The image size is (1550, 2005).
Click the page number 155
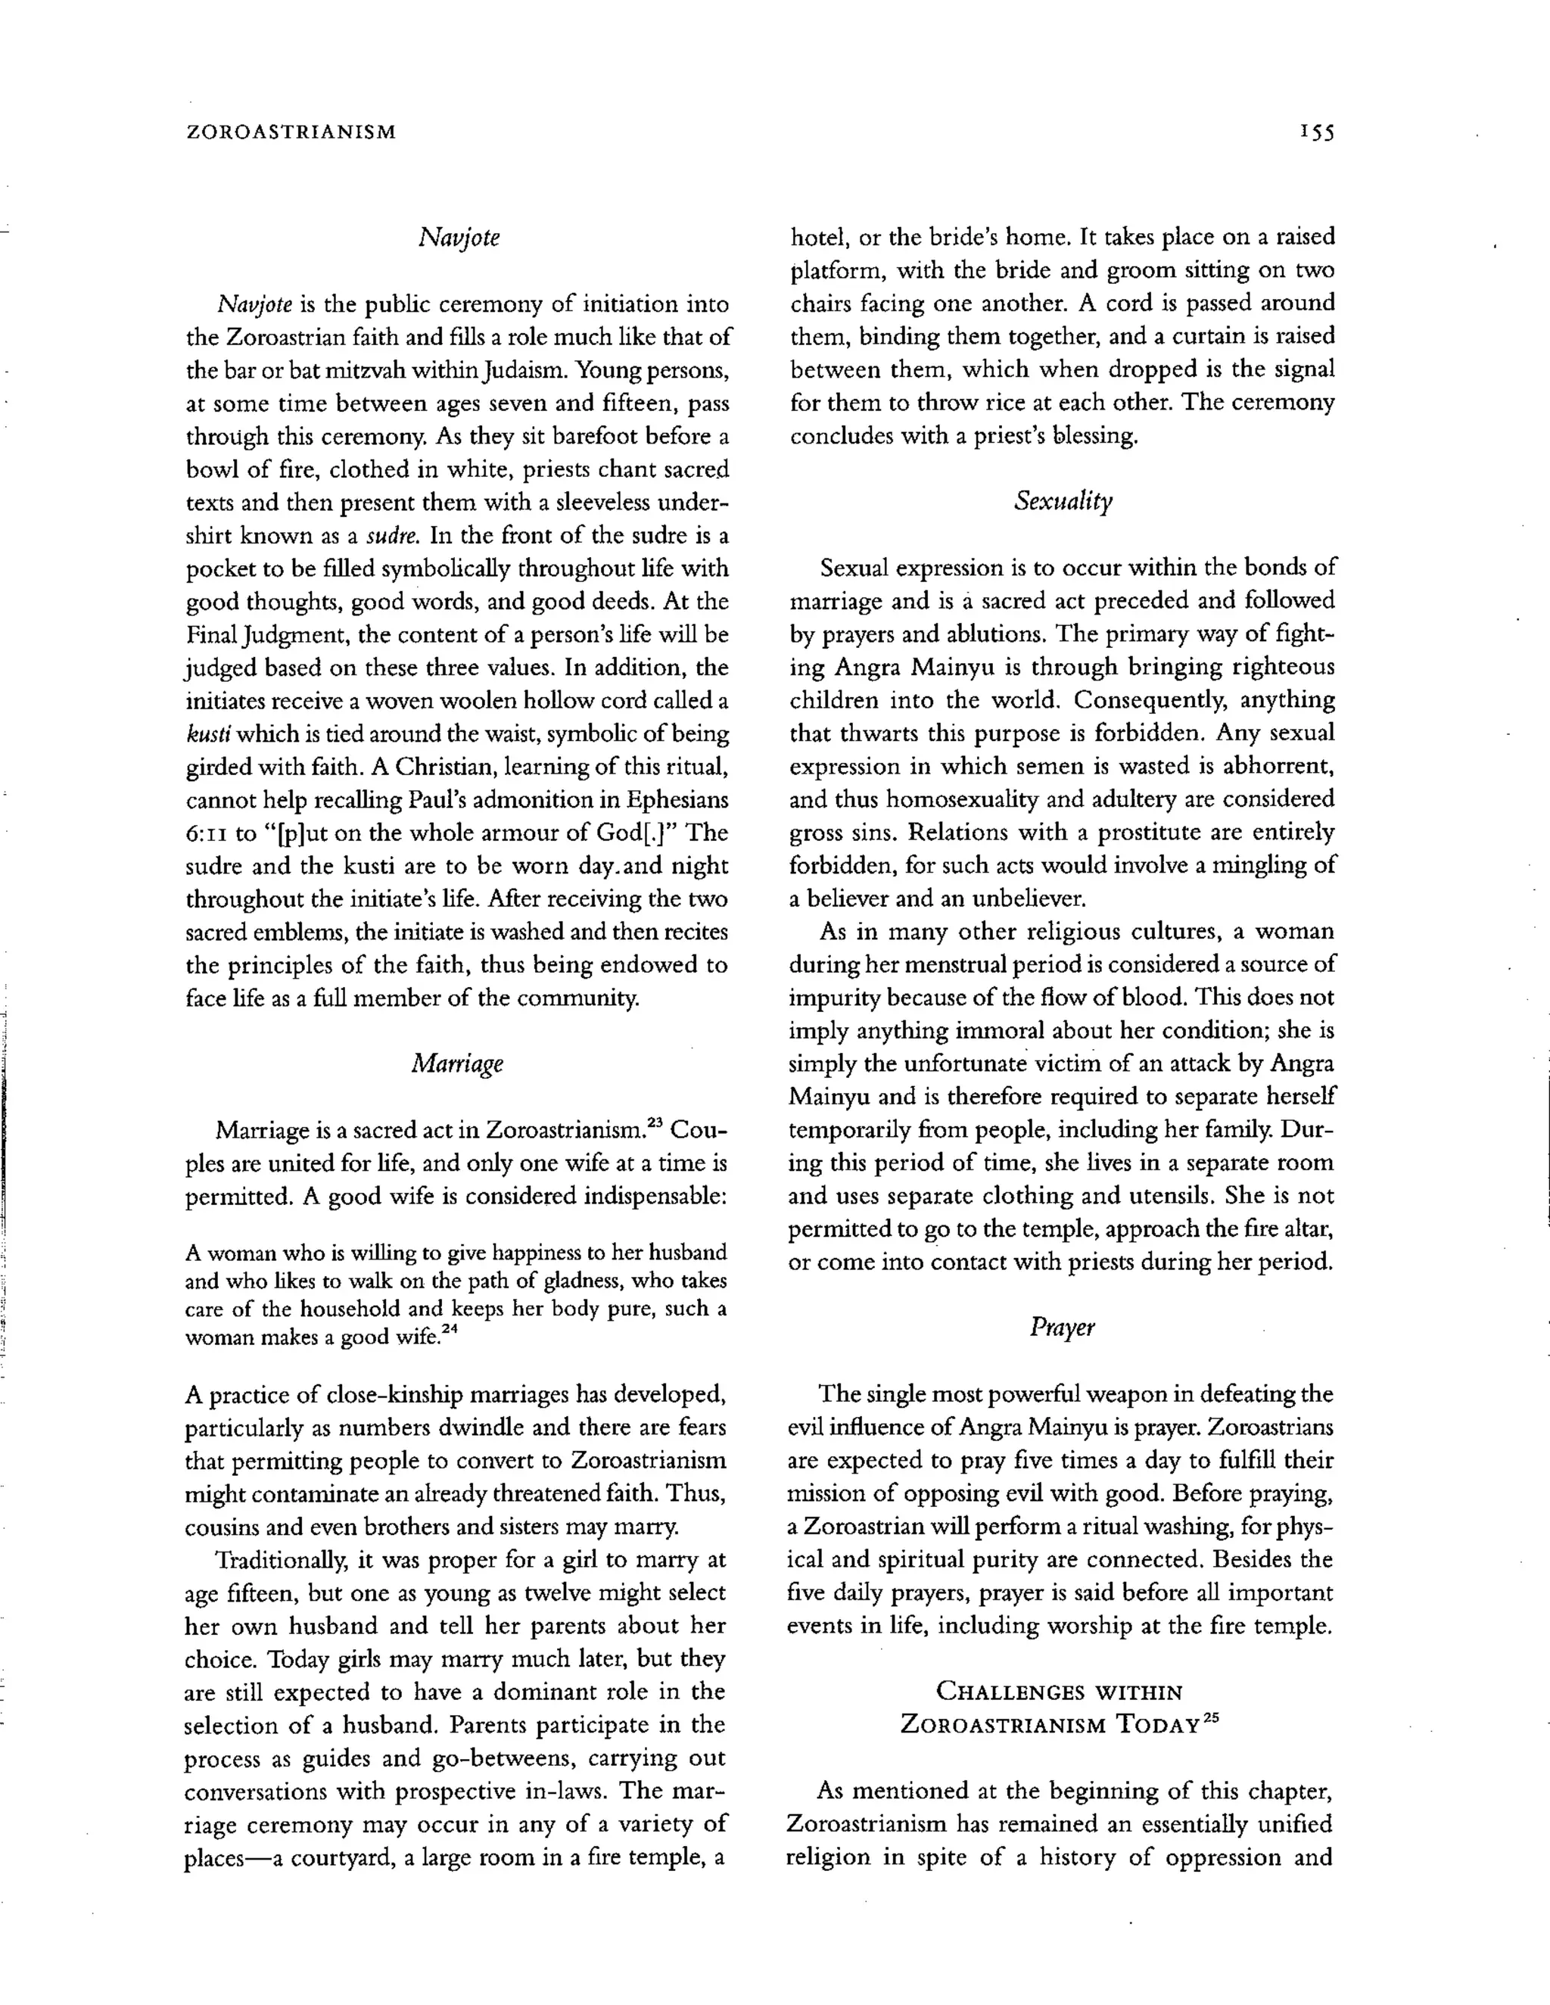coord(1316,132)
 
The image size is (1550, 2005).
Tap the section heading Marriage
coord(457,1063)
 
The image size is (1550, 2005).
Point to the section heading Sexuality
coord(1063,501)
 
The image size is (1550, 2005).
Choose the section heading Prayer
coord(1062,1328)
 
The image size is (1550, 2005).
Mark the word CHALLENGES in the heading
coord(1000,1691)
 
